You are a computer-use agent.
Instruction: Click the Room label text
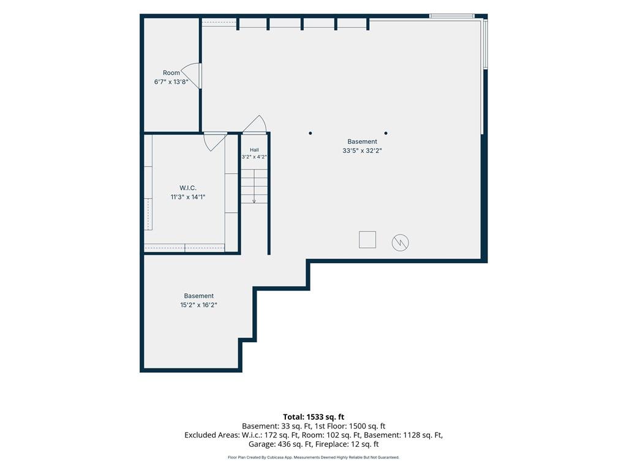[171, 73]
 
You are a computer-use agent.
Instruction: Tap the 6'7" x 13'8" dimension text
[171, 82]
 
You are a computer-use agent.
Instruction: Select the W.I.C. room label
[188, 188]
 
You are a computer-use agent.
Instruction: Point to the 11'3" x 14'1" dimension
[188, 197]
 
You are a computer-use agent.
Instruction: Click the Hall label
[254, 150]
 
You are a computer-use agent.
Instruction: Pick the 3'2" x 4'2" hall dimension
[254, 157]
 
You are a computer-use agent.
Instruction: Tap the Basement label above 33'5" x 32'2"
[362, 141]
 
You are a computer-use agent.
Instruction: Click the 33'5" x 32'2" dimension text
[362, 151]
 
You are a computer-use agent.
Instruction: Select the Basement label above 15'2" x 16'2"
[199, 296]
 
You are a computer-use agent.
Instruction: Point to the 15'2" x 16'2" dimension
[199, 305]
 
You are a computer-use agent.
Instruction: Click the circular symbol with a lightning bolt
[400, 242]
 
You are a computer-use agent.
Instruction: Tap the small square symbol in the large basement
[367, 240]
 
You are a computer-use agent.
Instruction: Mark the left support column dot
[310, 133]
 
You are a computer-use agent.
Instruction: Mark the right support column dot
[386, 133]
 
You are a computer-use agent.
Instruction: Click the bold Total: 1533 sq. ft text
[313, 417]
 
